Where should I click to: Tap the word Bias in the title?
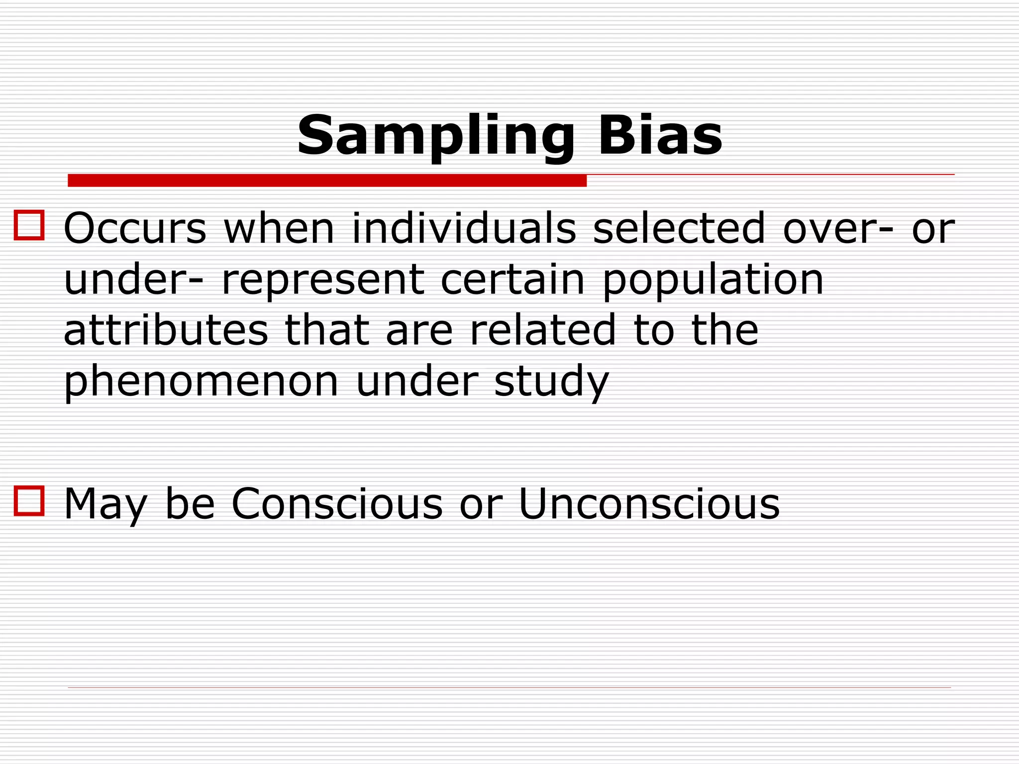click(660, 135)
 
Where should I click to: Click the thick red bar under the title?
click(327, 181)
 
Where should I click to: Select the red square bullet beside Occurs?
click(29, 225)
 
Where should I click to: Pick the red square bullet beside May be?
click(29, 501)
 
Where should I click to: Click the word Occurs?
click(135, 228)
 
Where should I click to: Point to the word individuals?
click(464, 228)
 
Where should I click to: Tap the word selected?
click(679, 228)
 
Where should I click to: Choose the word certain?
click(512, 280)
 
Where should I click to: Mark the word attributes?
click(166, 330)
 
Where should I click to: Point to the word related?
click(543, 330)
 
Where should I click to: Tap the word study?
click(551, 382)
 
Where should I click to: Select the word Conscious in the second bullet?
click(337, 504)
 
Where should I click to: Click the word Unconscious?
click(649, 504)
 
